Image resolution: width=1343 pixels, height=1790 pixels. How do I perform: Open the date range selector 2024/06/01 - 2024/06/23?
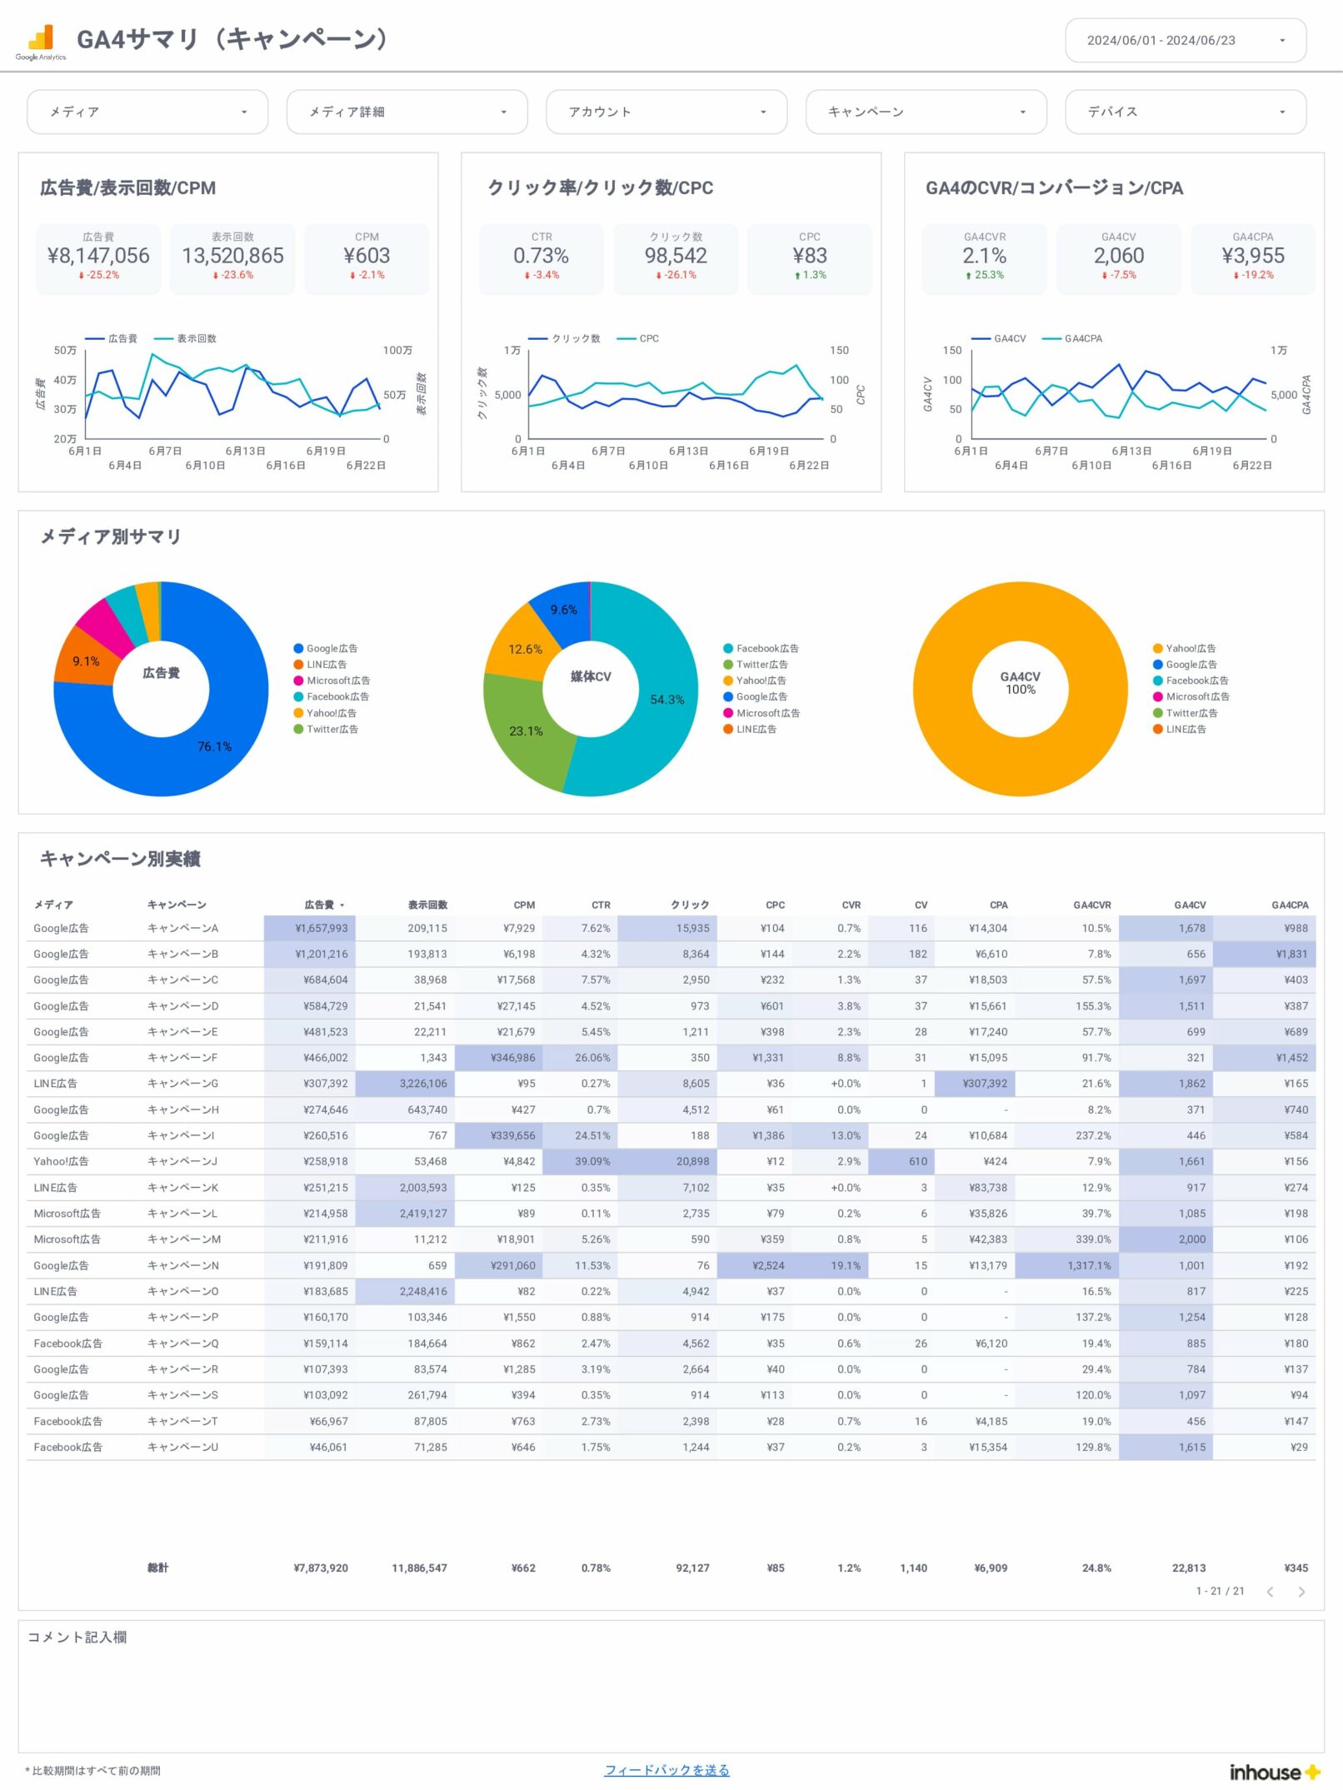(1185, 40)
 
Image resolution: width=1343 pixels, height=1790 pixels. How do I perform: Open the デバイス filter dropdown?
(1185, 112)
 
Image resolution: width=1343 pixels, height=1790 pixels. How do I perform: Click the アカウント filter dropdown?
(666, 112)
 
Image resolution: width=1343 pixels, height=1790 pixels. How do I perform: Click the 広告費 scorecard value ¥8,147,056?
(98, 256)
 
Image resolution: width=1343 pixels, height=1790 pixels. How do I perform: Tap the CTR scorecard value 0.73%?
(541, 256)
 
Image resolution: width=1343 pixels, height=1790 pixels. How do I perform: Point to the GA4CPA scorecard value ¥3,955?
(1252, 256)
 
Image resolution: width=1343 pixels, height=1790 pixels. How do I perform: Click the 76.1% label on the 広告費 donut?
(214, 746)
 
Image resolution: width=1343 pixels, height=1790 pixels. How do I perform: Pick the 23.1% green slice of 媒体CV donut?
(526, 730)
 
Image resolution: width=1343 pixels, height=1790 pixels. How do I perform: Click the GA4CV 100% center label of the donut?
(1020, 683)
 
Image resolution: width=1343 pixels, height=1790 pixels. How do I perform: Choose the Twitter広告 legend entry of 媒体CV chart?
(761, 665)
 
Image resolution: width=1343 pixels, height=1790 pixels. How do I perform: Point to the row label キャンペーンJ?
(182, 1161)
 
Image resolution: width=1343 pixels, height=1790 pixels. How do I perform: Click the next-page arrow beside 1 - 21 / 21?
(1301, 1592)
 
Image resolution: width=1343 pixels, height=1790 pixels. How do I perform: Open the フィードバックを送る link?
(667, 1770)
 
